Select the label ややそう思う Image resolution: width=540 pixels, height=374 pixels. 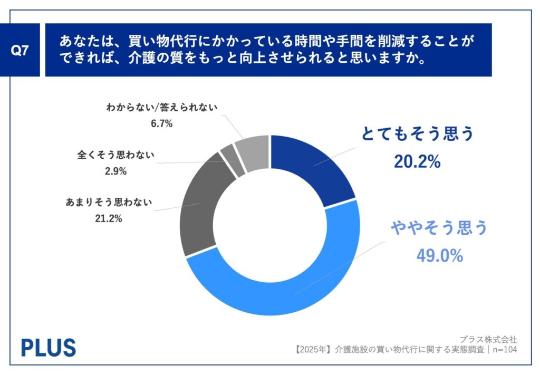point(439,228)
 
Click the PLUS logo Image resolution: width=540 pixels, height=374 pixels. point(48,347)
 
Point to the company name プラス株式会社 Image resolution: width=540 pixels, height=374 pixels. point(488,339)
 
